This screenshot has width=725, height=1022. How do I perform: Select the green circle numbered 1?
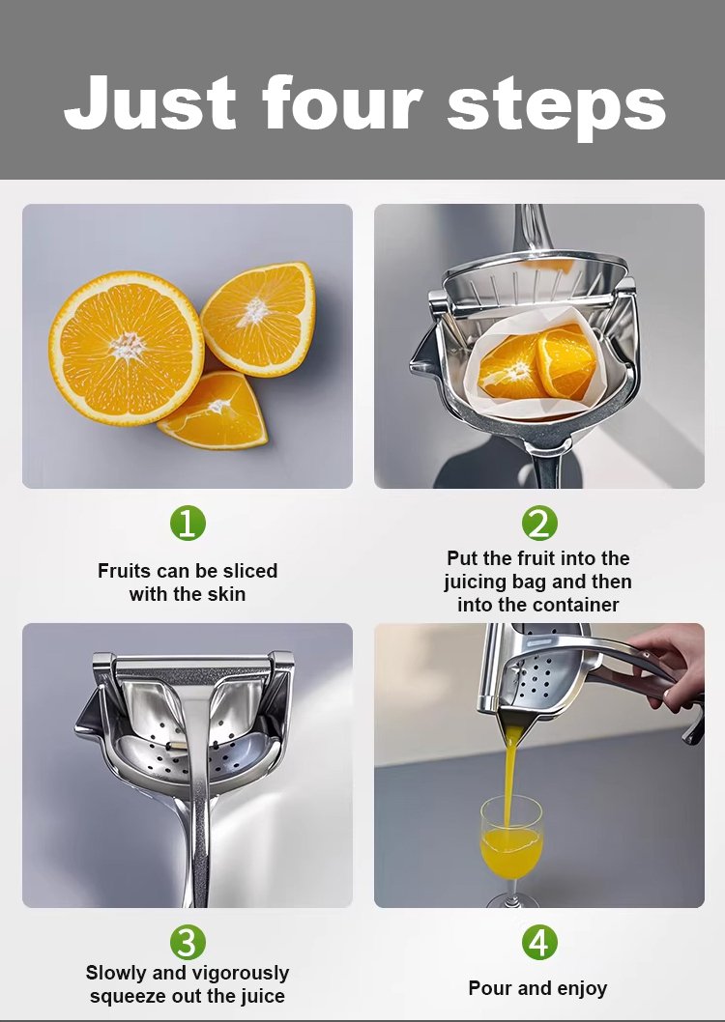pyautogui.click(x=188, y=524)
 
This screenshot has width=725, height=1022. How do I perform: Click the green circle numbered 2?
pyautogui.click(x=539, y=523)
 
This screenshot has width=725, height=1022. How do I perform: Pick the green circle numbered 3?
pyautogui.click(x=188, y=943)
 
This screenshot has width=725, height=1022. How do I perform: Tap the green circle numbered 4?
pyautogui.click(x=539, y=943)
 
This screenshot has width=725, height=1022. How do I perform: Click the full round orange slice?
pyautogui.click(x=127, y=348)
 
